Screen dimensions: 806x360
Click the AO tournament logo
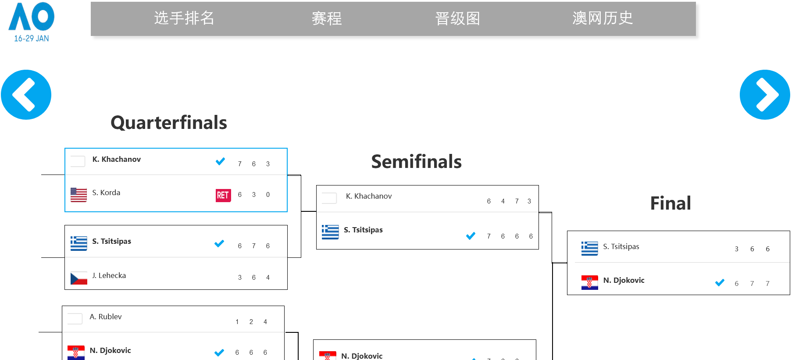click(x=32, y=22)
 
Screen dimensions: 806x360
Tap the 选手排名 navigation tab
click(x=184, y=18)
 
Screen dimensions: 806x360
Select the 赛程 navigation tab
click(x=327, y=18)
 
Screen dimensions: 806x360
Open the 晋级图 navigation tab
click(x=457, y=18)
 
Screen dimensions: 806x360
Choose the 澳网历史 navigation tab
click(x=603, y=18)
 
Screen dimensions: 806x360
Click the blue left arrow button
click(x=26, y=95)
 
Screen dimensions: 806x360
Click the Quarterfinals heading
click(x=169, y=123)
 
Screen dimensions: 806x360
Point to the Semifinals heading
click(x=416, y=161)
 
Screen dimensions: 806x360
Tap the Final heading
click(x=670, y=203)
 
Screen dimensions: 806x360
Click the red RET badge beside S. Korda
click(x=223, y=195)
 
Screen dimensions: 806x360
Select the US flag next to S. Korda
click(x=79, y=195)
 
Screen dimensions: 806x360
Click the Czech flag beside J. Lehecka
click(x=79, y=278)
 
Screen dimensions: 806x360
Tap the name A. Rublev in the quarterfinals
click(x=106, y=317)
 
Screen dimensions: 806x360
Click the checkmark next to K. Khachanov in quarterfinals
click(x=220, y=161)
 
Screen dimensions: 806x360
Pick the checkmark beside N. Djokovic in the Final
click(x=720, y=282)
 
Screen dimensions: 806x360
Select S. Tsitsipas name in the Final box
click(x=621, y=246)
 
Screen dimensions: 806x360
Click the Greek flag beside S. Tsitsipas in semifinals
click(x=330, y=232)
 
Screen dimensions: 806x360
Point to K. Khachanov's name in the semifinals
click(x=369, y=196)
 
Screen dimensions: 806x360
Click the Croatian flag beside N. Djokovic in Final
click(x=590, y=283)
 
